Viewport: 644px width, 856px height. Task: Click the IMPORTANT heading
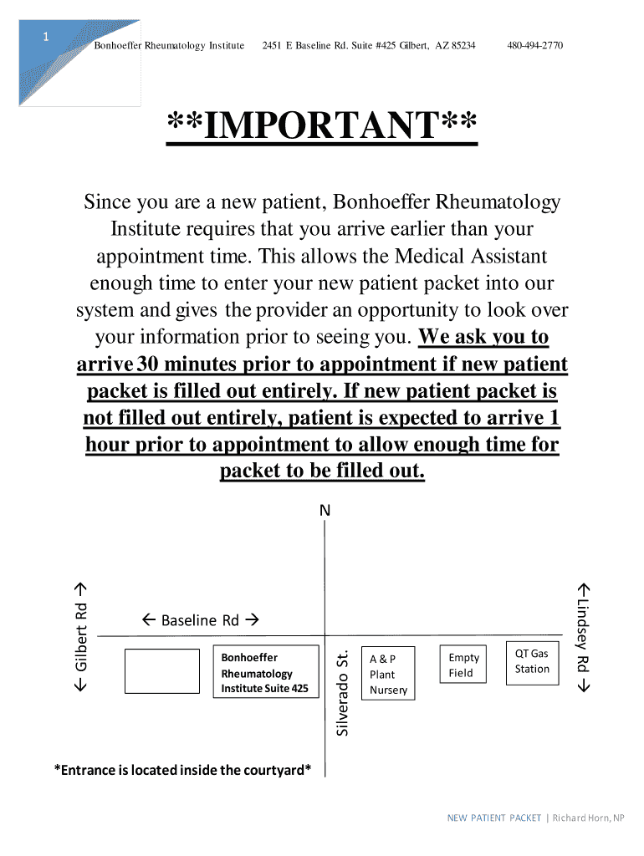coord(322,127)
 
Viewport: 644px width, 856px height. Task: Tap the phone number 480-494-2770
coord(534,45)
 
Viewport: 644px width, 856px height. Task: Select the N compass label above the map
coord(325,510)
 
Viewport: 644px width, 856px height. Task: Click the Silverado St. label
coord(341,694)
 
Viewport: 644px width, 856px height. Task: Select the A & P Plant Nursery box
coord(387,674)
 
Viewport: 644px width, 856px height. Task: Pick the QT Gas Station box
coord(532,662)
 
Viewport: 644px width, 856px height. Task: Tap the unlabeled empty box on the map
coord(161,670)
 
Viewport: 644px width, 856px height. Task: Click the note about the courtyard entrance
coord(182,769)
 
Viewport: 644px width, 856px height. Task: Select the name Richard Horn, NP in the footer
coord(588,818)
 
